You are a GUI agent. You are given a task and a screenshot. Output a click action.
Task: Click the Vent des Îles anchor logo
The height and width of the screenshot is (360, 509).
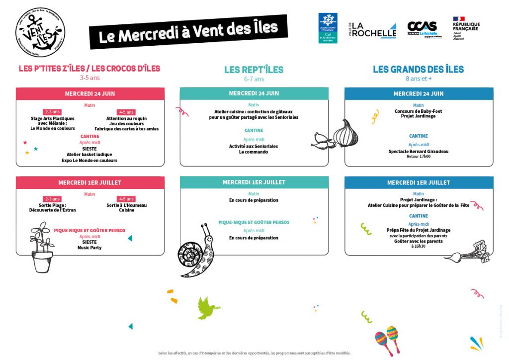[x=40, y=32]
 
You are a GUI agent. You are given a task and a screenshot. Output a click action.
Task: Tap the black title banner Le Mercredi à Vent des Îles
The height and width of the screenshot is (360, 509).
[x=188, y=32]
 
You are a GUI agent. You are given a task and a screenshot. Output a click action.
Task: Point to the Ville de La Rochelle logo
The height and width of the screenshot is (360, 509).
[x=374, y=30]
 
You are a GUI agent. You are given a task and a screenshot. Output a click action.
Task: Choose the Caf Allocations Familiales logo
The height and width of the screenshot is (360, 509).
[x=328, y=28]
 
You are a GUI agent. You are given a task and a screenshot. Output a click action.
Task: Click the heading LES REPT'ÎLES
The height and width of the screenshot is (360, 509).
[x=254, y=70]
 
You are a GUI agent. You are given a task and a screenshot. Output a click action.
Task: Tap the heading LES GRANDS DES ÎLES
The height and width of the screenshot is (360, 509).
[x=418, y=69]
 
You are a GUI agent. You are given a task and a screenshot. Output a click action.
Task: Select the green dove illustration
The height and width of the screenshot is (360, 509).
[x=208, y=308]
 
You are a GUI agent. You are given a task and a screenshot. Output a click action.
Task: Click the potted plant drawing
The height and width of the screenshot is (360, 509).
[x=42, y=247]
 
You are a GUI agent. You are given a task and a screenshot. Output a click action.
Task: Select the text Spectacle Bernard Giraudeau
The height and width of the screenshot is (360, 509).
[x=419, y=151]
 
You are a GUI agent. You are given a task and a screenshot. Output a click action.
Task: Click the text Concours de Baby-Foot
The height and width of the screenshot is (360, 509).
[x=419, y=111]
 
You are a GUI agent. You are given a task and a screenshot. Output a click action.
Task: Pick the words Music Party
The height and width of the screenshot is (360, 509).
[x=89, y=247]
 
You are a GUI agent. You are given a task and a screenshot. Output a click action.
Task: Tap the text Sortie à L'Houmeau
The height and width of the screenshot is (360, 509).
[x=126, y=205]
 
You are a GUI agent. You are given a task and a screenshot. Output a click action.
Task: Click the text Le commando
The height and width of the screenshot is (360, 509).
[x=254, y=152]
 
